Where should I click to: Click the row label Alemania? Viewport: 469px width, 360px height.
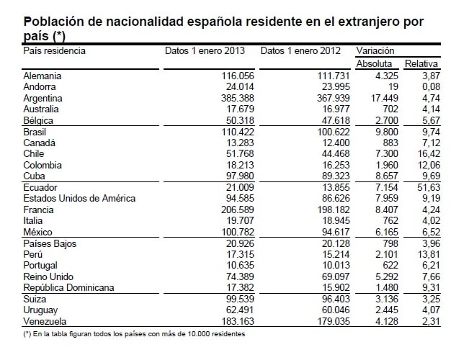click(43, 76)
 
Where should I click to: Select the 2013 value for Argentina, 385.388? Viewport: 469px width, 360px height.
click(238, 98)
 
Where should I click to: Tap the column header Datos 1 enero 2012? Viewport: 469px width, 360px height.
click(300, 50)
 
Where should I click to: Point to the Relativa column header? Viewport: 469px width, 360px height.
click(421, 63)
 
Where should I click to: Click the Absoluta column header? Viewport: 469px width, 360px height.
click(374, 63)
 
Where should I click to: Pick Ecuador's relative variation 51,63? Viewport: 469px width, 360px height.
click(429, 187)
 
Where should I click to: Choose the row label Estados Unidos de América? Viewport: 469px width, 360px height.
click(79, 198)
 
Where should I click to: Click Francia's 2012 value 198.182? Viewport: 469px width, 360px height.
click(334, 210)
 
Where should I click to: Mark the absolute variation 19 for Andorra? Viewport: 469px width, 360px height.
click(393, 86)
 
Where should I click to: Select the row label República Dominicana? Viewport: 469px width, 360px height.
click(68, 288)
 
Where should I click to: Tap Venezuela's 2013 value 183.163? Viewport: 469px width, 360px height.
click(238, 321)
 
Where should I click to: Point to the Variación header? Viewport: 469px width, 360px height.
click(375, 50)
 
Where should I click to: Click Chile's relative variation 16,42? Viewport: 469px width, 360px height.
click(429, 153)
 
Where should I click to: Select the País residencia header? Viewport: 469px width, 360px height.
click(55, 50)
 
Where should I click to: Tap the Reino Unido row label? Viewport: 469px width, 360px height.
click(48, 276)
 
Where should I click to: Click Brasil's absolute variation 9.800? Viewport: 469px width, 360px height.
click(387, 132)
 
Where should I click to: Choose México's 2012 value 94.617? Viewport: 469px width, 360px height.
click(336, 232)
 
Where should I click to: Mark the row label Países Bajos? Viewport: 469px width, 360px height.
click(50, 243)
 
